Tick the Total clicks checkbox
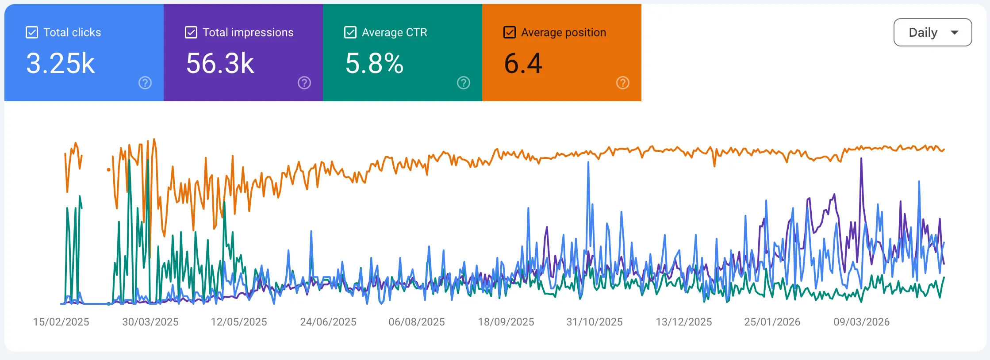(32, 32)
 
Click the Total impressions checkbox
(191, 32)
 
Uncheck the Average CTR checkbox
(350, 32)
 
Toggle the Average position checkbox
(510, 32)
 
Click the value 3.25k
(61, 63)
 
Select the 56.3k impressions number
(220, 63)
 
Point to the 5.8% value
(374, 63)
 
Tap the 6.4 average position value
(523, 63)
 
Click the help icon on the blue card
(145, 83)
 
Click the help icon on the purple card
(304, 83)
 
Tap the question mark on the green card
(464, 83)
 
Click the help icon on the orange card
(623, 83)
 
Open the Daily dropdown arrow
(955, 32)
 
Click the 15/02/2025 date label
(61, 322)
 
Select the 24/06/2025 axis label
(328, 322)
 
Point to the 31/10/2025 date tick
(595, 322)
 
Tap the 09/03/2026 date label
(862, 322)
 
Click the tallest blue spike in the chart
(588, 163)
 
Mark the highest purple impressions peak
(861, 159)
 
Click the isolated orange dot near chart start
(108, 169)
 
